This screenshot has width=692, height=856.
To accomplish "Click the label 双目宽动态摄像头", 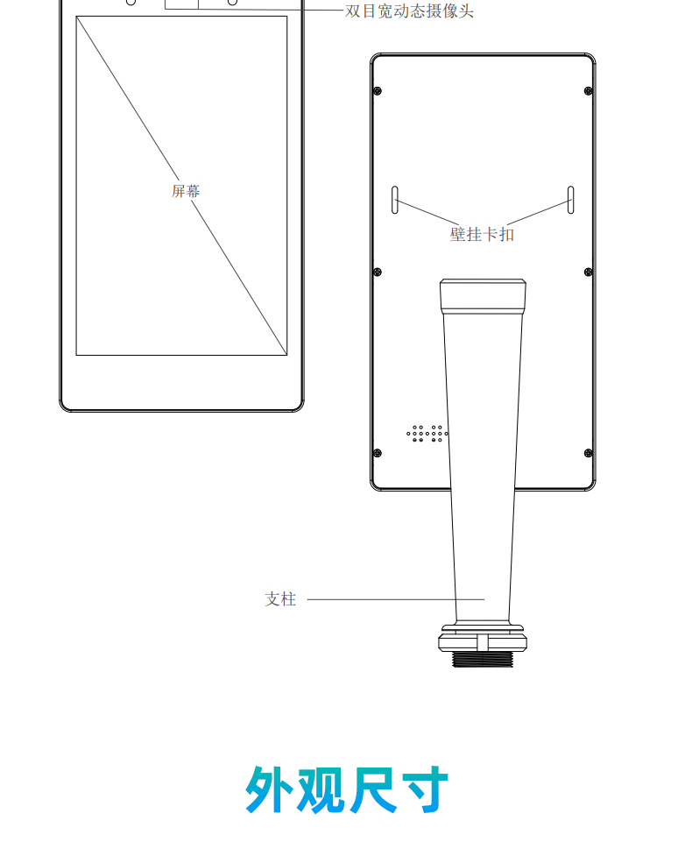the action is click(409, 11).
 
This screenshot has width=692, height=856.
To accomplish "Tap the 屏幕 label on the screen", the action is click(186, 191).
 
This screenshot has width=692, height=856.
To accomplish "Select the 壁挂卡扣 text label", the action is click(482, 234).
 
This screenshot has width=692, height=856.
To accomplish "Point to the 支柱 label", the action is click(280, 599).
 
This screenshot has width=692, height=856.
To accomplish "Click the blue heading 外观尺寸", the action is click(347, 789).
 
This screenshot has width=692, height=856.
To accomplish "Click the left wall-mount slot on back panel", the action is click(394, 200).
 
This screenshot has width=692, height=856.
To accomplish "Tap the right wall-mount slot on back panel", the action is click(571, 200).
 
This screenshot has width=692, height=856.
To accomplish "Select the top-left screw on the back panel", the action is click(378, 90).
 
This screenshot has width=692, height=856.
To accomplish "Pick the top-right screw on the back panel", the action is click(589, 90).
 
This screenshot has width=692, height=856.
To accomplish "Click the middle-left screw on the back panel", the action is click(378, 272).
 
